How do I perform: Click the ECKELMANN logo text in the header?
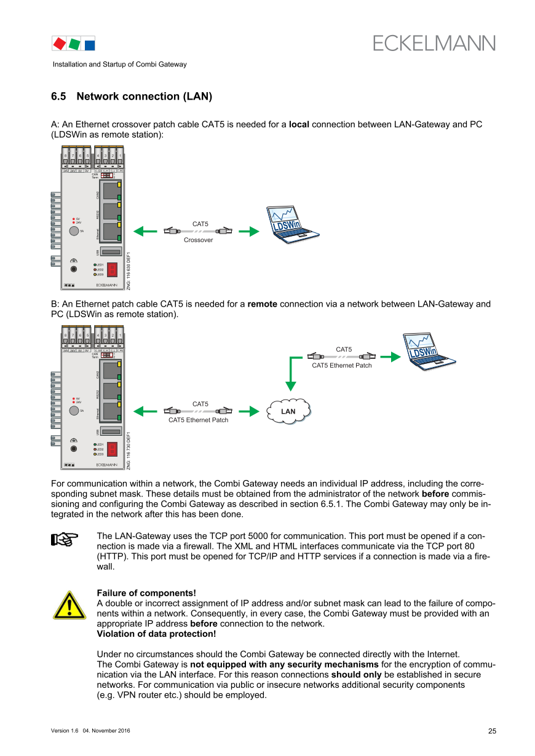tap(434, 43)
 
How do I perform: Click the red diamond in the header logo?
tap(60, 44)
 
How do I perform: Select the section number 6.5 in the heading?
tap(58, 96)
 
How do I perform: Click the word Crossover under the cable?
tap(198, 240)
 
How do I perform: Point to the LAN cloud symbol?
tap(288, 411)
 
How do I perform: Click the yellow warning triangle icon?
tap(69, 605)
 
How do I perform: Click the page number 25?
tap(492, 731)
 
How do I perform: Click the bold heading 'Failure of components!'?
tap(146, 593)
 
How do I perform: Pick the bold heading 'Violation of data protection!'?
tap(156, 634)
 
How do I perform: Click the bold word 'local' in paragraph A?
tap(299, 125)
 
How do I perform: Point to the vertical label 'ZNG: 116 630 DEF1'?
tap(128, 270)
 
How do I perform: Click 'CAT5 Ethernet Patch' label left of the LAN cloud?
tap(198, 420)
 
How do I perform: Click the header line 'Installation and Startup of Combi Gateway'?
tap(119, 65)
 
